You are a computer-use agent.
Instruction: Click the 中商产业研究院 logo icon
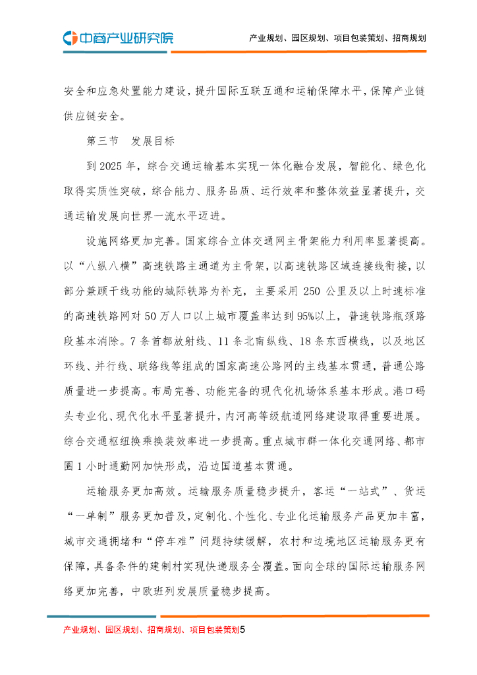click(70, 38)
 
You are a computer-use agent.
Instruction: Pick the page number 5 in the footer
click(242, 630)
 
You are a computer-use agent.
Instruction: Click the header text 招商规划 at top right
click(408, 38)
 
